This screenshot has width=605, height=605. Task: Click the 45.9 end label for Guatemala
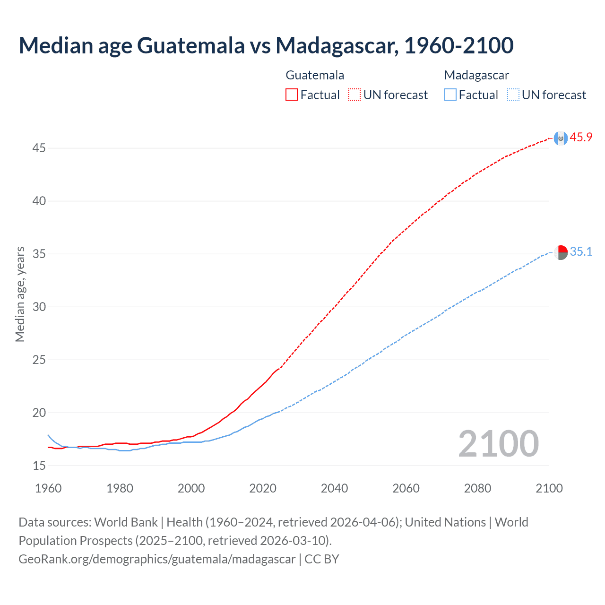[x=581, y=138]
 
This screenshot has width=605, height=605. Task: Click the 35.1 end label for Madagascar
[x=581, y=252]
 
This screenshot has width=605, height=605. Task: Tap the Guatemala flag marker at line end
[x=561, y=138]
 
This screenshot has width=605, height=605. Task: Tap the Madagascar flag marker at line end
[x=561, y=253]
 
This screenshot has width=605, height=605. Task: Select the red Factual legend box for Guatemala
[x=292, y=95]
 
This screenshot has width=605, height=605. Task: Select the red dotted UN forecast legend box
[x=354, y=95]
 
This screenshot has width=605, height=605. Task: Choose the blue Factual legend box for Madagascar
[x=450, y=95]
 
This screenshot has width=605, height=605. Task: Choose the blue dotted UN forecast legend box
[x=513, y=95]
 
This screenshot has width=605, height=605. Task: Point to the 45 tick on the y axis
[x=39, y=148]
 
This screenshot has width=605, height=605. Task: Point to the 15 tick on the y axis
[x=39, y=466]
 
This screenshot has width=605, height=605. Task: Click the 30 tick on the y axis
[x=39, y=307]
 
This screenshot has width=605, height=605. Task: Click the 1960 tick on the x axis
[x=48, y=488]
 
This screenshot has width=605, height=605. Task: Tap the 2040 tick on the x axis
[x=334, y=488]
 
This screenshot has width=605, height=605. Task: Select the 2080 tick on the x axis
[x=477, y=488]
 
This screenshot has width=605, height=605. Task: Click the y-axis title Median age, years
[x=20, y=294]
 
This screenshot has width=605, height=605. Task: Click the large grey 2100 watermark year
[x=498, y=444]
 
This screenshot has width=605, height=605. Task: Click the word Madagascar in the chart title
[x=337, y=45]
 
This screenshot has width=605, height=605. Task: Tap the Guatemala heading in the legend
[x=315, y=75]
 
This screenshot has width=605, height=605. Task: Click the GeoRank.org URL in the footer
[x=157, y=559]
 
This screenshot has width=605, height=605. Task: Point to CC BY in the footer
[x=322, y=559]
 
